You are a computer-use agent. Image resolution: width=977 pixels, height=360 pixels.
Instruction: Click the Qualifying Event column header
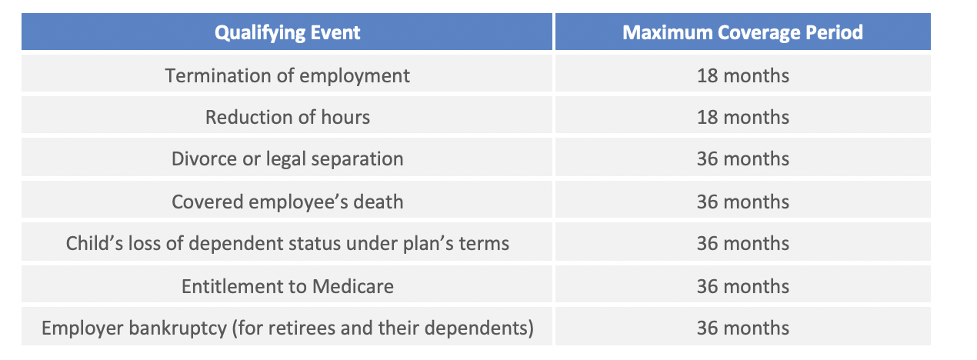[287, 32]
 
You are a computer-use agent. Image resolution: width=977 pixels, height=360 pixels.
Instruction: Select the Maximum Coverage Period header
[742, 32]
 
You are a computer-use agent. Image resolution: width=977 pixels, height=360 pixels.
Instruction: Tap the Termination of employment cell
[287, 75]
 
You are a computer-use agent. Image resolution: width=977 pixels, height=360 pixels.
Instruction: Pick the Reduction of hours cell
[287, 117]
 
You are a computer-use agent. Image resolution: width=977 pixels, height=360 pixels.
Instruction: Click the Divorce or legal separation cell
[287, 158]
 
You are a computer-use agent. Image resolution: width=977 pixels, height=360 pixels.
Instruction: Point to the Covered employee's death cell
[287, 202]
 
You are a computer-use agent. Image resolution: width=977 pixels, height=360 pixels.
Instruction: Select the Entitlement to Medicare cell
[287, 286]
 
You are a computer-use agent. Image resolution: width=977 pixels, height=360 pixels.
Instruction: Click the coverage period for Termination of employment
[742, 75]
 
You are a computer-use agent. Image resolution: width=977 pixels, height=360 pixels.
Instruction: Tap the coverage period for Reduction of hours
[742, 117]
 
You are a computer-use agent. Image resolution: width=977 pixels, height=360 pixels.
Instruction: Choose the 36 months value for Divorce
[742, 158]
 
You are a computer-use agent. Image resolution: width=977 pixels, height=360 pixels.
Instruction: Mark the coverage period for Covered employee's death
[742, 202]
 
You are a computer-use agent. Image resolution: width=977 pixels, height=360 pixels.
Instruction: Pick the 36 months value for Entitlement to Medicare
[742, 286]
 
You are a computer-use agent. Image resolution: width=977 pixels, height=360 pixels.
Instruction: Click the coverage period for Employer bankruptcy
[742, 328]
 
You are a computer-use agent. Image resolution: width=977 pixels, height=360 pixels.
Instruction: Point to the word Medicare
[352, 286]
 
